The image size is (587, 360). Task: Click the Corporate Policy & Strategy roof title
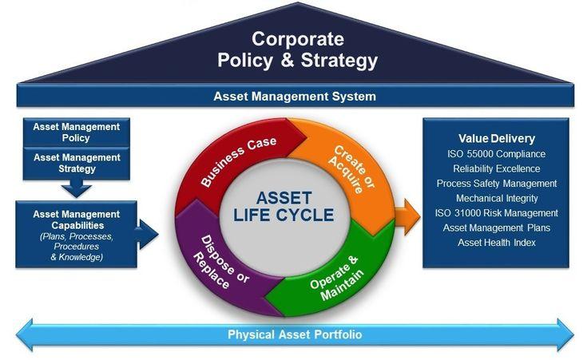coord(298,49)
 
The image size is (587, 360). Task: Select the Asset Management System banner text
coord(295,97)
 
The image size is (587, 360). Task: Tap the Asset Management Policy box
coord(77,132)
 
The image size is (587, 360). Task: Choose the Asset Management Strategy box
coord(77,164)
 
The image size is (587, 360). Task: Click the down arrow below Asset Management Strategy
coord(77,188)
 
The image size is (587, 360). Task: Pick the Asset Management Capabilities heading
coord(77,220)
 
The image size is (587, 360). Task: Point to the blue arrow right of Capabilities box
coord(147,235)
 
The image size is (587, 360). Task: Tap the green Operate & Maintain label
coord(336,278)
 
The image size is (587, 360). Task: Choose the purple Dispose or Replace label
coord(220,262)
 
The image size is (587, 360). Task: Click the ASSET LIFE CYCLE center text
coord(284,207)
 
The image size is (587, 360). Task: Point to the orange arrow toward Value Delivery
coord(407,217)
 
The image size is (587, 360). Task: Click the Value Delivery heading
coord(497,138)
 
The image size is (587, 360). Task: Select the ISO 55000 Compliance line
coord(497,154)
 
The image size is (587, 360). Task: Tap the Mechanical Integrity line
coord(497,198)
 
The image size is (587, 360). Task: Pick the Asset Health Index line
coord(497,243)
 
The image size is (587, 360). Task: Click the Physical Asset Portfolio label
coord(295,334)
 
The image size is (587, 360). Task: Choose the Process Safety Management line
coord(497,184)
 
